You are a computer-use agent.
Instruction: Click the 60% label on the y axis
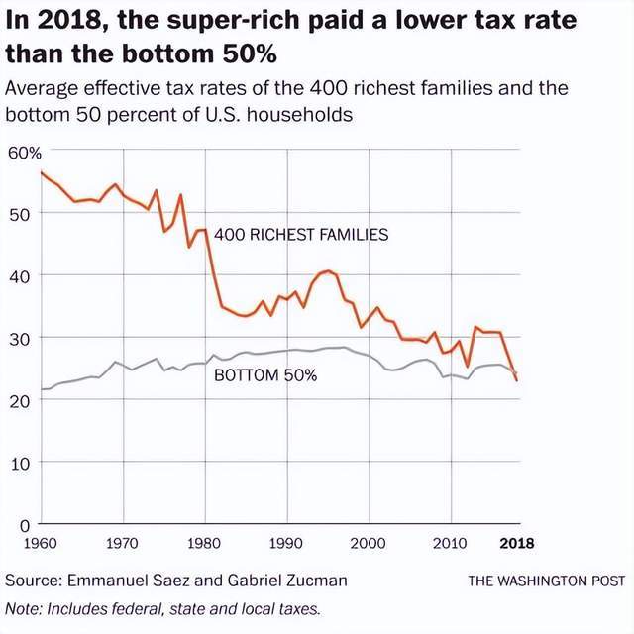coord(24,154)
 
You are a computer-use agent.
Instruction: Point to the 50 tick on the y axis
coord(19,215)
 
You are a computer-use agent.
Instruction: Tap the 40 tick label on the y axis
coord(19,277)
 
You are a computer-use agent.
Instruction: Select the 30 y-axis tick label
coord(19,339)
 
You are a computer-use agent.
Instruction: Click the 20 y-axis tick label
coord(19,401)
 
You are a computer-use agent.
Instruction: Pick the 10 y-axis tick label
coord(20,464)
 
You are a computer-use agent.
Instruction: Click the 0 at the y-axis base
coord(25,526)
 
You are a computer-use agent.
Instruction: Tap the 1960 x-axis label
coord(41,543)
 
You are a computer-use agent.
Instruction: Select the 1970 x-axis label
coord(122,543)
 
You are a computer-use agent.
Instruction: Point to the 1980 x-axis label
coord(204,543)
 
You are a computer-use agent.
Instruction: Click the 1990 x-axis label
coord(286,543)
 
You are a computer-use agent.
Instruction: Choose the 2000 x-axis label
coord(368,543)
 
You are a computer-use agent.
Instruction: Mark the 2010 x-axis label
coord(450,543)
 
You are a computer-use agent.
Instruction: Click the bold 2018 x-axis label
coord(517,543)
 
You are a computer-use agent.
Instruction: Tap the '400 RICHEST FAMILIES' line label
coord(301,235)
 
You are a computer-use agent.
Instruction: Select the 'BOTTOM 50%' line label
coord(265,375)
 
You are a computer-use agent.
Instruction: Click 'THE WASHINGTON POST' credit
coord(547,581)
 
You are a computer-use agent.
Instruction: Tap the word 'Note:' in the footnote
coord(24,608)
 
